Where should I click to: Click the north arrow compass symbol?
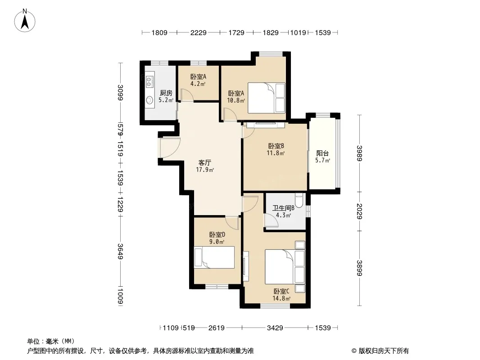(x=25, y=20)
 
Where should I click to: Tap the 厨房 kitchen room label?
(x=166, y=93)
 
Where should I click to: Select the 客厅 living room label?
(x=205, y=163)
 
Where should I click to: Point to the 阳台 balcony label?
(x=323, y=153)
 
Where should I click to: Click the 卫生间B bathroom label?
(x=284, y=208)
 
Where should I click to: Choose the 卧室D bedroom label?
(x=217, y=234)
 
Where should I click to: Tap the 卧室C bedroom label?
(x=281, y=291)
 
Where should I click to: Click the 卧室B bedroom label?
(x=276, y=146)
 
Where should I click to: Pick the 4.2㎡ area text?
(x=198, y=84)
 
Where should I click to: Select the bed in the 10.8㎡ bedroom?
(x=266, y=98)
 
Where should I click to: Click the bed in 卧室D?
(x=214, y=257)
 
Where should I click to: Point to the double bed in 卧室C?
(x=285, y=267)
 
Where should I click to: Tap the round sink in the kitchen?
(x=149, y=100)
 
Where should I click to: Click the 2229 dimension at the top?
(x=199, y=32)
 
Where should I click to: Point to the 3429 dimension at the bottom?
(x=275, y=328)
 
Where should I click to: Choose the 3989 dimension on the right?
(x=359, y=153)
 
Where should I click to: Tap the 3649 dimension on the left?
(x=121, y=252)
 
